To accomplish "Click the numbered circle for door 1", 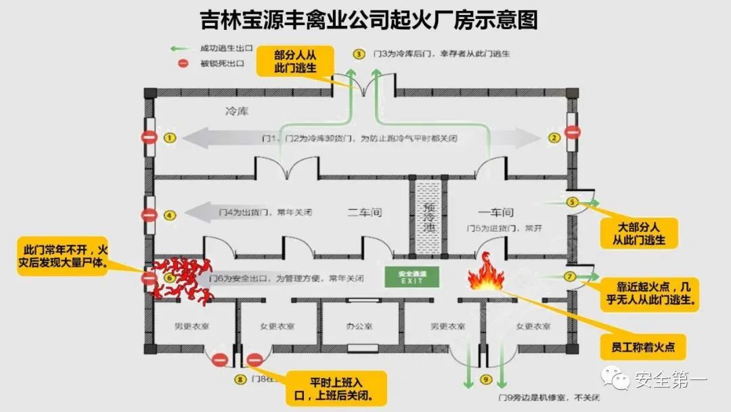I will pyautogui.click(x=169, y=138).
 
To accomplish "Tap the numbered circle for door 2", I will pyautogui.click(x=554, y=138).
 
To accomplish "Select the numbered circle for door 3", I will pyautogui.click(x=359, y=53).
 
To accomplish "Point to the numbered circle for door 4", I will pyautogui.click(x=169, y=215).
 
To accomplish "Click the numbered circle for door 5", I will pyautogui.click(x=572, y=202).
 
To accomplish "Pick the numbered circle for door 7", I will pyautogui.click(x=569, y=276).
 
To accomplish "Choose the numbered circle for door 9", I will pyautogui.click(x=485, y=379).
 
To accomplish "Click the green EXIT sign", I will pyautogui.click(x=412, y=276).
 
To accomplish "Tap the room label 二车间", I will pyautogui.click(x=365, y=212).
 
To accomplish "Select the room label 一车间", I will pyautogui.click(x=501, y=212).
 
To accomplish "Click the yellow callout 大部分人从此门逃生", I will pyautogui.click(x=639, y=232).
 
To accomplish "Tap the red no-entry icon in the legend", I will pyautogui.click(x=183, y=64).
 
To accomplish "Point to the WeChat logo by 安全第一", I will pyautogui.click(x=616, y=378).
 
